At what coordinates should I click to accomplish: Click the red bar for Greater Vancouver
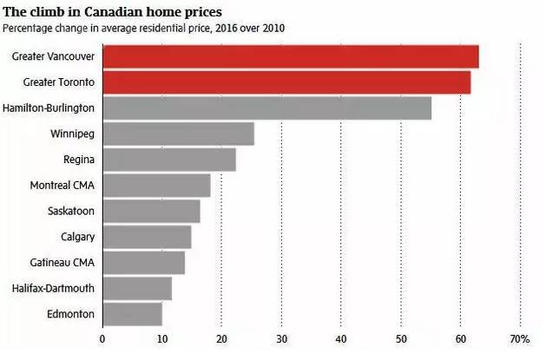click(x=291, y=56)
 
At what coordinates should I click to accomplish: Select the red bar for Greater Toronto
click(x=286, y=82)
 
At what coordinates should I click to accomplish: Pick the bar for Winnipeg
click(x=178, y=134)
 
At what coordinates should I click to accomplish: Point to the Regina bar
click(x=169, y=160)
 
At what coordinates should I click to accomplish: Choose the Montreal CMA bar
click(x=156, y=186)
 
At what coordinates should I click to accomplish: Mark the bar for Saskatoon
click(x=151, y=211)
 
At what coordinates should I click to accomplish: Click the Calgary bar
click(x=147, y=237)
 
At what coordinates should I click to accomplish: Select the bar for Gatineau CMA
click(x=143, y=262)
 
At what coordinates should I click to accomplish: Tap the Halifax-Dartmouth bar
click(x=137, y=288)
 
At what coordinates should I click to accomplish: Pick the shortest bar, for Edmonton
click(x=132, y=313)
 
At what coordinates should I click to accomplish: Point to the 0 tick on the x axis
click(x=102, y=338)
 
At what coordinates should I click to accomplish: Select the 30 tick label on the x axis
click(x=281, y=338)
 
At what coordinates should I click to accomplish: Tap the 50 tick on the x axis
click(x=401, y=338)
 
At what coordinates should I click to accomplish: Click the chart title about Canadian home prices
click(x=111, y=11)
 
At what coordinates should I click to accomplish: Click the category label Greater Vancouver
click(x=54, y=57)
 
